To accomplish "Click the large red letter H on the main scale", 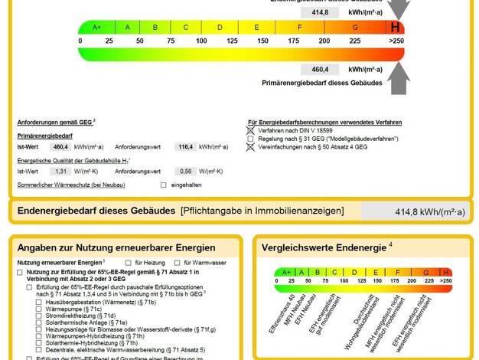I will [x=395, y=27].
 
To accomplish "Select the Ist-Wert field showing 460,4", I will [x=60, y=146].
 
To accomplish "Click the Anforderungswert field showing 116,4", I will [x=184, y=146].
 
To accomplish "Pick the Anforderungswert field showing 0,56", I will [x=184, y=172].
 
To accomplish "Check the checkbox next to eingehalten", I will [x=163, y=185].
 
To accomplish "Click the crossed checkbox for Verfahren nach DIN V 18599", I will [x=250, y=130].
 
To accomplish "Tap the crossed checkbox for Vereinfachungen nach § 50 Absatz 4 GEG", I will [x=250, y=146].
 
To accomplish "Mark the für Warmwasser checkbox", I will [x=177, y=263].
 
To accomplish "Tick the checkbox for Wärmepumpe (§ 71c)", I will [x=40, y=309].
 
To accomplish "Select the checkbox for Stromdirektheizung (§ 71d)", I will [x=40, y=316].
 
